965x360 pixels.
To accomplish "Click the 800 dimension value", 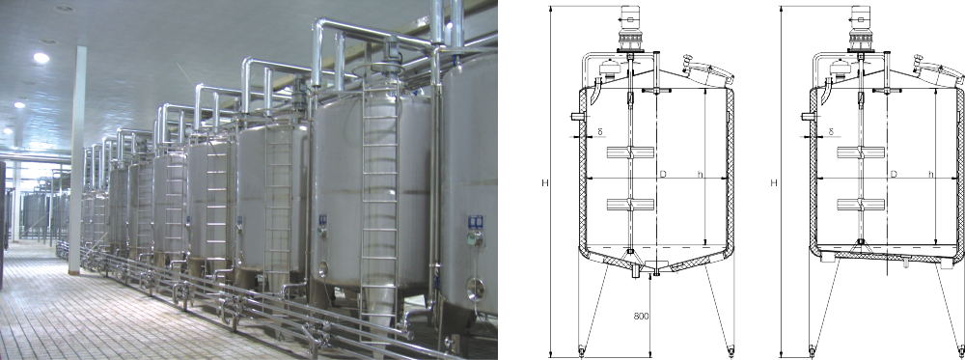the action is (x=642, y=317).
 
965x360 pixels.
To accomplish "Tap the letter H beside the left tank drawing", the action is (x=544, y=182).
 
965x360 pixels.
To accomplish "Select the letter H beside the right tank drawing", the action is (x=774, y=182).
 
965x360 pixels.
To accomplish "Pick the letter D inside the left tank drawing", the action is (x=663, y=175).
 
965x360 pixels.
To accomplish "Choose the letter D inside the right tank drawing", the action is (x=894, y=175).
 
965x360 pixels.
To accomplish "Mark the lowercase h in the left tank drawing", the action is (x=700, y=175).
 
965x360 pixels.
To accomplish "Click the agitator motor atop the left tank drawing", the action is (x=629, y=28).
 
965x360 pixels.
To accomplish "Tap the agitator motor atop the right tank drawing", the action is (x=861, y=28).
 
